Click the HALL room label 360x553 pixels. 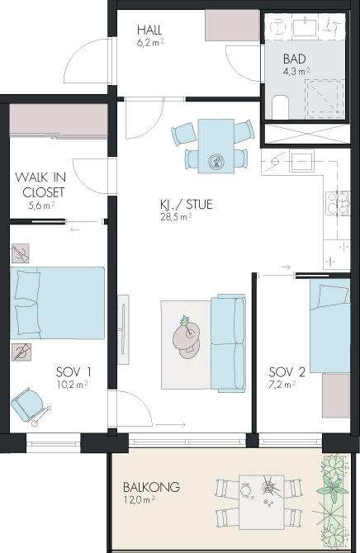[x=149, y=30]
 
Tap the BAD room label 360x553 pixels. [x=294, y=59]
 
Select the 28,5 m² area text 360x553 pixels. [x=176, y=216]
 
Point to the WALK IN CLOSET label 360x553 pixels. [x=40, y=184]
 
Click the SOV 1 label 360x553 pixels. [x=73, y=371]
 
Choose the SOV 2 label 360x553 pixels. [x=287, y=371]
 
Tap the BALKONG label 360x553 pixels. [x=151, y=487]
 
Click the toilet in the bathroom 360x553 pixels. [x=281, y=106]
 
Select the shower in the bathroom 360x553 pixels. [x=324, y=99]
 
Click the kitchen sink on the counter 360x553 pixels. [x=301, y=160]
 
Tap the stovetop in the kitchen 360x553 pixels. [x=338, y=203]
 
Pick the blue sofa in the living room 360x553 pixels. [x=228, y=343]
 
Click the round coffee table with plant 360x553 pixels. [x=187, y=337]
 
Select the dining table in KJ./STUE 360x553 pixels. [x=216, y=146]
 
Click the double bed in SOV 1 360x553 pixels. [x=57, y=303]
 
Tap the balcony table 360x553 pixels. [x=262, y=502]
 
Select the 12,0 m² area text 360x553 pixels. [x=139, y=499]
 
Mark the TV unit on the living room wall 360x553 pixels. [x=123, y=330]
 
